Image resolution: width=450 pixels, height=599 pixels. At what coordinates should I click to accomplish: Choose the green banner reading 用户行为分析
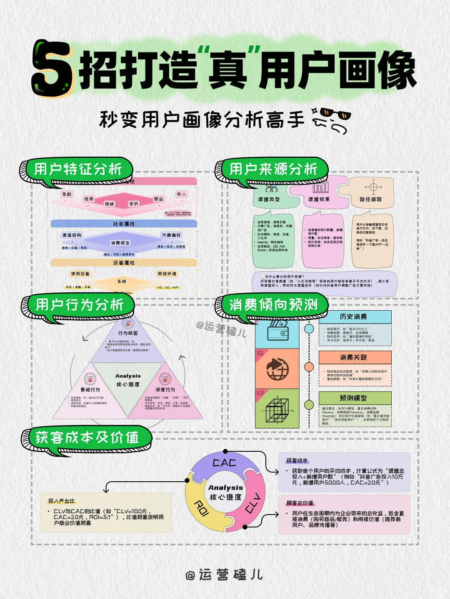[80, 305]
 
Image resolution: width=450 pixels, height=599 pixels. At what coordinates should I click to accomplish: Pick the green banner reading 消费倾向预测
[273, 305]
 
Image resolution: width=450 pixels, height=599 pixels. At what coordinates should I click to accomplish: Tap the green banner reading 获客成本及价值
[87, 438]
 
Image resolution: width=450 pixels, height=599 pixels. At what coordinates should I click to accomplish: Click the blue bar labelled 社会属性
[124, 224]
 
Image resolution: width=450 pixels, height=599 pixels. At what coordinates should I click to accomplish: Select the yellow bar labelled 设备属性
[124, 263]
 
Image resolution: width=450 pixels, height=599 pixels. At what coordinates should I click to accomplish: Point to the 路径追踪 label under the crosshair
[370, 200]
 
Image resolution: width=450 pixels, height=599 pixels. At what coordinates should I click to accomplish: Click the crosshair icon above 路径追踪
[373, 187]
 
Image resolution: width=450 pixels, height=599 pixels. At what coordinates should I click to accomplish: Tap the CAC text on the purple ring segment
[224, 463]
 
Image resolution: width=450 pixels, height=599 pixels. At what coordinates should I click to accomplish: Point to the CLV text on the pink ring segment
[252, 503]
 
